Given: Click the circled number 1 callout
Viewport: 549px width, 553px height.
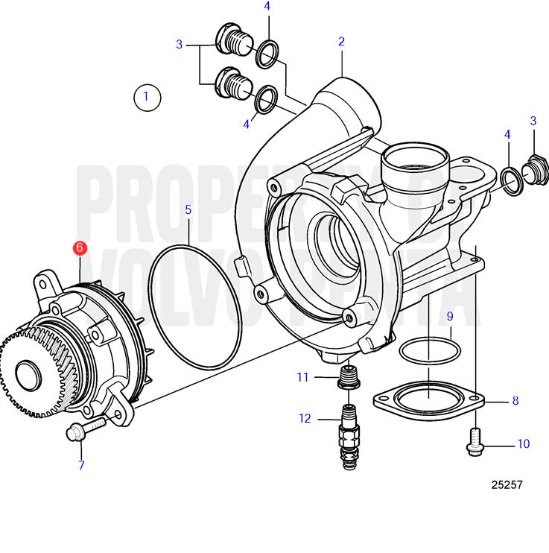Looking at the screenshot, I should tap(147, 96).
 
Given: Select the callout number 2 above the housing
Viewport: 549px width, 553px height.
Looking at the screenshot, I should tap(341, 42).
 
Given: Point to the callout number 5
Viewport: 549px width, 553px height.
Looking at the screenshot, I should tap(188, 210).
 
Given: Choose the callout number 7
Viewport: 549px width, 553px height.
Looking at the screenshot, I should tap(81, 466).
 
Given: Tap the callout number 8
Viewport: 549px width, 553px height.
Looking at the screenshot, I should tap(515, 401).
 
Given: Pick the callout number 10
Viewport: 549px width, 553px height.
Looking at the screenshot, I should tap(523, 444).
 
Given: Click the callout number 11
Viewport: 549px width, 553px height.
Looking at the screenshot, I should tap(302, 378).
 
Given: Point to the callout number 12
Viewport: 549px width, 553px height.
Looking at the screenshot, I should tap(305, 419).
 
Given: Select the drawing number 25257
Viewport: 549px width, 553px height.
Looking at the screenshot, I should tap(507, 485).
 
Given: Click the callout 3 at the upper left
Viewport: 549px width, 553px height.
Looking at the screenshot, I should tap(179, 45).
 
